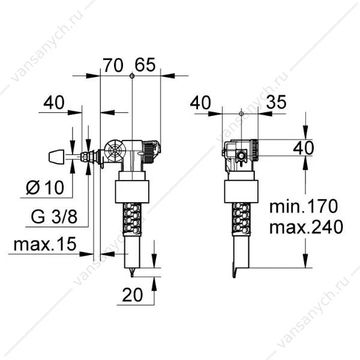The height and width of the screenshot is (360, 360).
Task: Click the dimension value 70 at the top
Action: [113, 65]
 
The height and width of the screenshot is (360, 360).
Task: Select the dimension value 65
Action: [145, 65]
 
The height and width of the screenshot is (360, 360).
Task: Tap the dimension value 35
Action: [277, 102]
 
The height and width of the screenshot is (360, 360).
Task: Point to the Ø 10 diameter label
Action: [45, 187]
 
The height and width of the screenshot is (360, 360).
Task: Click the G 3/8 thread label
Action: [54, 217]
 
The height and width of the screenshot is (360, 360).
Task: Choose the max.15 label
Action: [45, 244]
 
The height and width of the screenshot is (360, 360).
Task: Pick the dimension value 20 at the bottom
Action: [133, 295]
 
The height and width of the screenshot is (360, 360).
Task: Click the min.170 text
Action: [304, 206]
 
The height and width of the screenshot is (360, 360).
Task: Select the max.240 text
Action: [306, 227]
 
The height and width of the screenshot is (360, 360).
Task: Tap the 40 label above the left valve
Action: [54, 103]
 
